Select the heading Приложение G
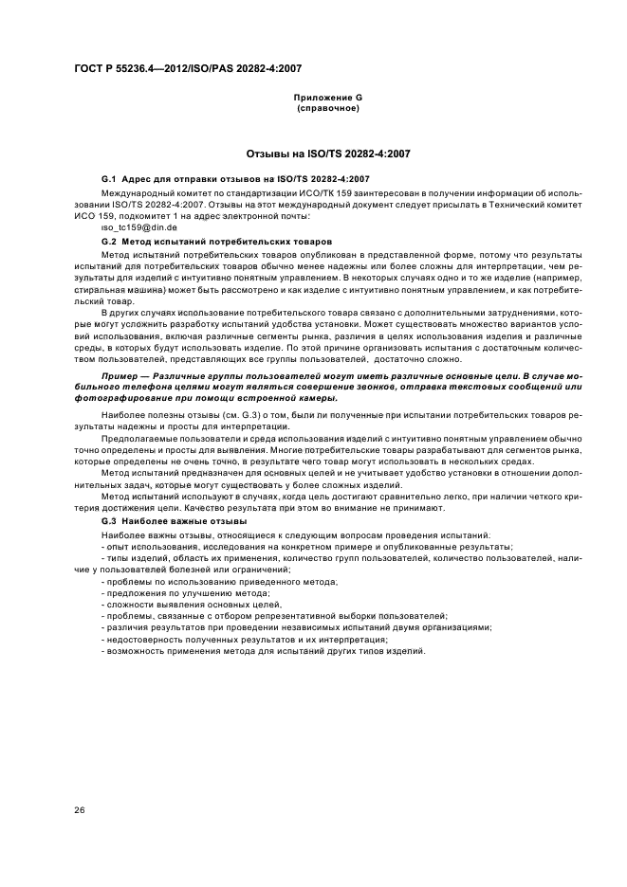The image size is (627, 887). pyautogui.click(x=327, y=98)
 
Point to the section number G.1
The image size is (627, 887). pyautogui.click(x=107, y=178)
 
